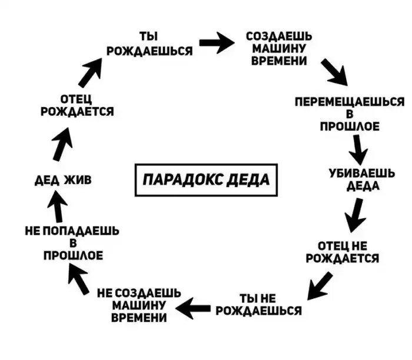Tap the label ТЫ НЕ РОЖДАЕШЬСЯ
(258, 304)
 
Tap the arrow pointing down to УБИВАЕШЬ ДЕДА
(357, 151)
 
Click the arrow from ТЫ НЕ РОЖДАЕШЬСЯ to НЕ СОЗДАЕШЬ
(194, 305)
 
